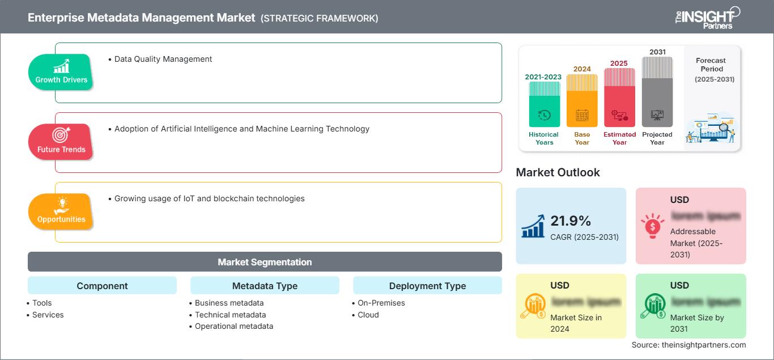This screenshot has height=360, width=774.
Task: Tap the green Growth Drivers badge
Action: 61,72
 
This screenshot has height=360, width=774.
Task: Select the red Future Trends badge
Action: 61,142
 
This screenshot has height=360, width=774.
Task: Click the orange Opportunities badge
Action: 61,211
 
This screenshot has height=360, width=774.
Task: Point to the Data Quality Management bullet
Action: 163,59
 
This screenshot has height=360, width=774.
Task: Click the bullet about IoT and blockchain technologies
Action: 209,198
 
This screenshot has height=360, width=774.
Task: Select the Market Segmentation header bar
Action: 265,262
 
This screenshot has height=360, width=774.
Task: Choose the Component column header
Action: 102,286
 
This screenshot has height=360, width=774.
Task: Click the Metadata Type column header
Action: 265,286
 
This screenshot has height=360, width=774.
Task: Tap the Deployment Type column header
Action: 427,286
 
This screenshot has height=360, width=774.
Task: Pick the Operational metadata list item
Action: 233,326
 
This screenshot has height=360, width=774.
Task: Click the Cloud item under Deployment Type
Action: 368,315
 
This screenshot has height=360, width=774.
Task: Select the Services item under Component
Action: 48,315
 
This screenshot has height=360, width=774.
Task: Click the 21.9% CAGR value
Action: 571,221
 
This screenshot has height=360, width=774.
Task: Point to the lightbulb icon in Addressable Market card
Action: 653,226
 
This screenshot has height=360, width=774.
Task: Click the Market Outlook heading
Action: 558,172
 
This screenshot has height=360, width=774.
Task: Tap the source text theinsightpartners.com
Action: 688,345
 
